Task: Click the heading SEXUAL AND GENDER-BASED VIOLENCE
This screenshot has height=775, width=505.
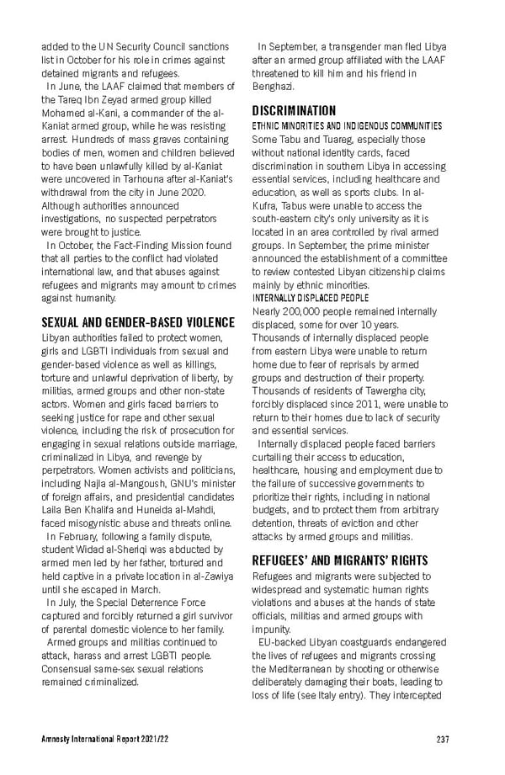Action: click(x=138, y=322)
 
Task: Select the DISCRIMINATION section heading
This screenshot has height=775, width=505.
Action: click(x=295, y=110)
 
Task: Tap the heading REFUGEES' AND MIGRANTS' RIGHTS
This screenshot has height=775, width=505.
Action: click(x=340, y=560)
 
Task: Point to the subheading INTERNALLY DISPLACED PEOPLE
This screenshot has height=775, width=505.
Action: click(x=311, y=298)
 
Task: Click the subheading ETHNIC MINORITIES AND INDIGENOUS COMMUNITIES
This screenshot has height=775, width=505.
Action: click(x=347, y=125)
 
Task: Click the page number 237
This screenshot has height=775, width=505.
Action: click(x=443, y=740)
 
